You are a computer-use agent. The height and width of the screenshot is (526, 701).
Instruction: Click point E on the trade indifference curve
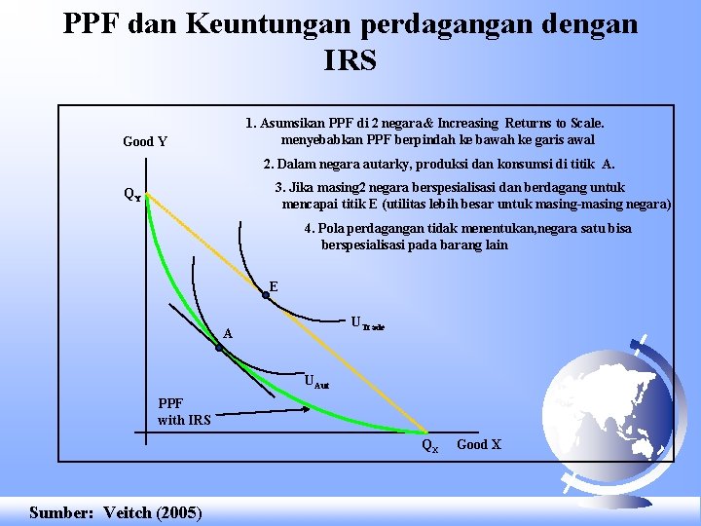point(266,295)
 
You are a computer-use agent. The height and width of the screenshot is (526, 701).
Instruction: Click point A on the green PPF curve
point(219,348)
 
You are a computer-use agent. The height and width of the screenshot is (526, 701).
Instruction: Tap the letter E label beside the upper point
point(274,286)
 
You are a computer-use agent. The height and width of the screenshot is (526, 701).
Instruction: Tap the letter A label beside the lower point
point(228,334)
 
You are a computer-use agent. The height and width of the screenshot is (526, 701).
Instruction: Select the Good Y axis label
point(145,142)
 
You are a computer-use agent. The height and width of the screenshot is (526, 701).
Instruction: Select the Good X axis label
point(479,444)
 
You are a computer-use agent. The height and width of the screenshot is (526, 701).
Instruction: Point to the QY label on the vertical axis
point(132,195)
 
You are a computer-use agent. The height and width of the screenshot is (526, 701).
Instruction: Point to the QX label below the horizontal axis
point(430,446)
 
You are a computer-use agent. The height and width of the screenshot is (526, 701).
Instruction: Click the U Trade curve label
point(367,323)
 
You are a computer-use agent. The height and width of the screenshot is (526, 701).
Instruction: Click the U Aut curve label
point(317,382)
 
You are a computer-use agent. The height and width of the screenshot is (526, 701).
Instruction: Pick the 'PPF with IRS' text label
point(184,411)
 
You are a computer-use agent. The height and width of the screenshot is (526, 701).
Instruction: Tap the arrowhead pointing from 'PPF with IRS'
point(306,408)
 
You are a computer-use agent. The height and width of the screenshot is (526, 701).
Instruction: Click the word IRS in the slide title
point(350,60)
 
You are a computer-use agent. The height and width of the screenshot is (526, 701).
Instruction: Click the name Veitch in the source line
point(128,512)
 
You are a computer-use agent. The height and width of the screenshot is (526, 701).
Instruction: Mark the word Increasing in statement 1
point(467,123)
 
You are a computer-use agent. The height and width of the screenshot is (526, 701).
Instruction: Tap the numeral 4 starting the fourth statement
point(308,229)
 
